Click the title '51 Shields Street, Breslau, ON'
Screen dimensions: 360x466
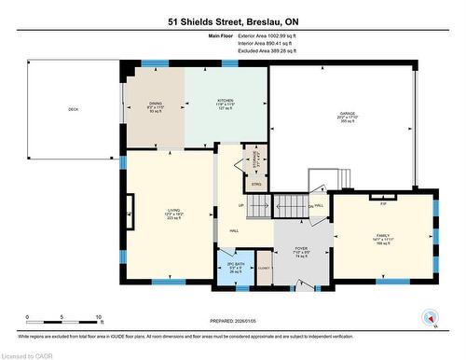[232, 20]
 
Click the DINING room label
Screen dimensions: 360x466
[156, 104]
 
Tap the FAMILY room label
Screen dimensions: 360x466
[382, 236]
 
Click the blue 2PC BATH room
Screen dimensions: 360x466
[234, 266]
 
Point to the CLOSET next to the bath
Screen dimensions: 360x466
[265, 267]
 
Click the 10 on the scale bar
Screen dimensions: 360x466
[97, 318]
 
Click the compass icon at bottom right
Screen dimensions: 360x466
[430, 316]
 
